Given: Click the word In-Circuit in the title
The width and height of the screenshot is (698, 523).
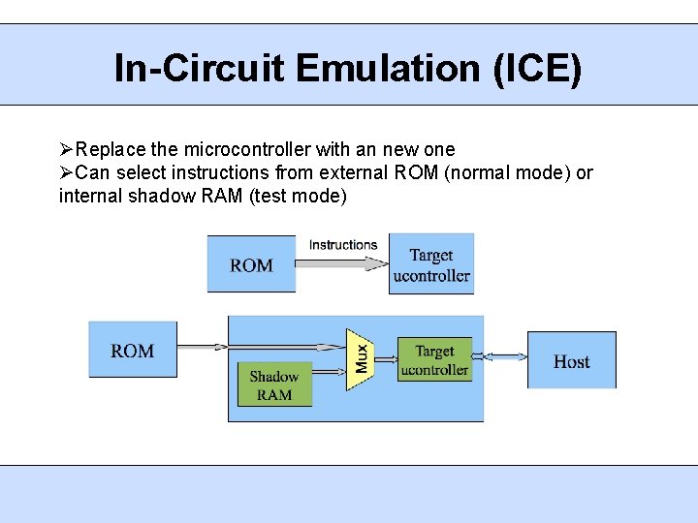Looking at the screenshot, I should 202,69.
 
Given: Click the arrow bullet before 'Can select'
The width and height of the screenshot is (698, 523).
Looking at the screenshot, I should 66,173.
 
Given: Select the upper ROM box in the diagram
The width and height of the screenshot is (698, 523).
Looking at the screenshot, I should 251,264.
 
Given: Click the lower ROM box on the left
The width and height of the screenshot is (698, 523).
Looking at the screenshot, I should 132,350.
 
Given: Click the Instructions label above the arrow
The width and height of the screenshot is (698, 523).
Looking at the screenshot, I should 343,245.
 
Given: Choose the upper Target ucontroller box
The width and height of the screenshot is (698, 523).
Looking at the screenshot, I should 431,264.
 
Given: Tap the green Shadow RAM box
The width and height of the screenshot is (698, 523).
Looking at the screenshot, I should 274,385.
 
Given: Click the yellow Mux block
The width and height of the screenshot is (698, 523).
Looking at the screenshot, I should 360,358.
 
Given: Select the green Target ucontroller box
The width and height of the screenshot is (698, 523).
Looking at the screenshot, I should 434,359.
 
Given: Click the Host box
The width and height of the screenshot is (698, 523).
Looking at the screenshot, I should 571,360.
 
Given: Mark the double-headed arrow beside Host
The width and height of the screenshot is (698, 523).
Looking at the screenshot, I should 499,357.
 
